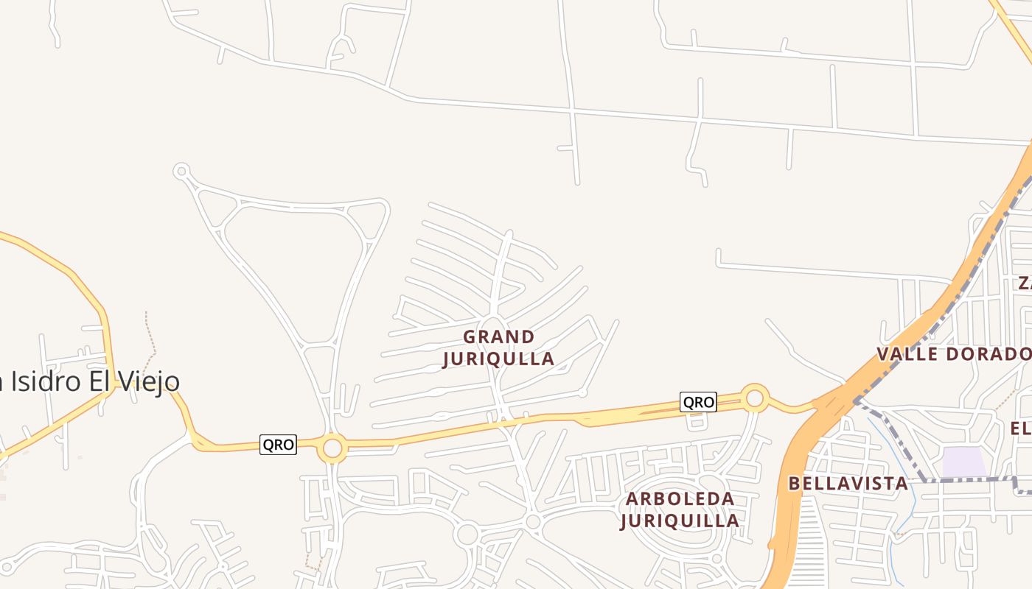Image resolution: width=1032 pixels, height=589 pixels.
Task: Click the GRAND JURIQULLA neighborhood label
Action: pyautogui.click(x=498, y=348)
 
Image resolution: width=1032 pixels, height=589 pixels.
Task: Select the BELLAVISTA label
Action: pyautogui.click(x=848, y=484)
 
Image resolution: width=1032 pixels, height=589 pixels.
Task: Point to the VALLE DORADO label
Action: pyautogui.click(x=953, y=354)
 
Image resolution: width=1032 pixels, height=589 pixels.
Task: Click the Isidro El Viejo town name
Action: pyautogui.click(x=88, y=381)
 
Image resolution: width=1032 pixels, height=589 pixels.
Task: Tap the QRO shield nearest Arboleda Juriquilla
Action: pyautogui.click(x=697, y=402)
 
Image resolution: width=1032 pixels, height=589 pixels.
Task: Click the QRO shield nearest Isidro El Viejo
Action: pyautogui.click(x=278, y=445)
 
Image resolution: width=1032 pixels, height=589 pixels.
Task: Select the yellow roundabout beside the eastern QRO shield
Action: pyautogui.click(x=754, y=398)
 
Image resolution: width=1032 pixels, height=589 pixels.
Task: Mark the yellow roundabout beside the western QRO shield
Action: pyautogui.click(x=332, y=448)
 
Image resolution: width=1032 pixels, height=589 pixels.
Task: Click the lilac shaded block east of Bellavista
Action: pyautogui.click(x=964, y=462)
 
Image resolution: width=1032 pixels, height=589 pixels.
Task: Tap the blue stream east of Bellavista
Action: pyautogui.click(x=911, y=501)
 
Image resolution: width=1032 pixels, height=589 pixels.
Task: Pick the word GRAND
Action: pyautogui.click(x=498, y=337)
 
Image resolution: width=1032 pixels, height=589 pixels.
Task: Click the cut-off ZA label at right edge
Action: pyautogui.click(x=1025, y=283)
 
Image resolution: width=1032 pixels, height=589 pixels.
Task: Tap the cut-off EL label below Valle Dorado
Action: pyautogui.click(x=1020, y=428)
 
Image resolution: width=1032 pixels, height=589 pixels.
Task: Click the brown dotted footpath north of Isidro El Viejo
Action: pyautogui.click(x=150, y=335)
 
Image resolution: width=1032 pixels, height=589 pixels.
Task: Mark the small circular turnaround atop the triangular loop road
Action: pyautogui.click(x=181, y=171)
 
